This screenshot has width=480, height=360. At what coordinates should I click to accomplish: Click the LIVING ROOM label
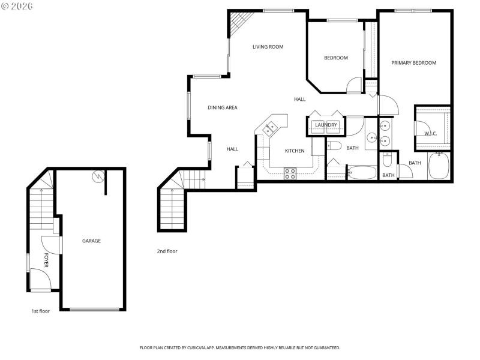tap(268, 47)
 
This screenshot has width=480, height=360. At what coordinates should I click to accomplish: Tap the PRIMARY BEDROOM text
tap(413, 63)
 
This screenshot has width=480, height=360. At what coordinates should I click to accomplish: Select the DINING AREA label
tap(223, 108)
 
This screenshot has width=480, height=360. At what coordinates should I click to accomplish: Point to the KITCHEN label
tap(295, 151)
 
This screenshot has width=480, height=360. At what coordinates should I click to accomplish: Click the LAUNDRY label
tap(326, 125)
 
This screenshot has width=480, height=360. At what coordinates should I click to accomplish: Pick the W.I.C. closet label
tap(430, 133)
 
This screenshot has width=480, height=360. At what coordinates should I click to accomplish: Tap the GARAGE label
tap(91, 241)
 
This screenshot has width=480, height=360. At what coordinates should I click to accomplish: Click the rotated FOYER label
tap(46, 260)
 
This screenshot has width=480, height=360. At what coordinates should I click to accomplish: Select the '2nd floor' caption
tap(167, 251)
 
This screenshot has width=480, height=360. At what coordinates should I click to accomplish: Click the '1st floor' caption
tap(41, 311)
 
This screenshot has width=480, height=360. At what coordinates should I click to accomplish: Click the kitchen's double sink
tap(269, 127)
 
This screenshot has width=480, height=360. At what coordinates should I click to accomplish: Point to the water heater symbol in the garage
tap(98, 176)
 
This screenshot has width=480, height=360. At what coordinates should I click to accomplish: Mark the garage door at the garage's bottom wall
tap(94, 309)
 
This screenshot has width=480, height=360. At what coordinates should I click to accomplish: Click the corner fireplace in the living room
tap(239, 22)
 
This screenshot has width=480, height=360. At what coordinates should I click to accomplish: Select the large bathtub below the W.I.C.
tap(440, 166)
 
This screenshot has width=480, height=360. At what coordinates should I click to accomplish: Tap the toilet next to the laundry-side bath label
tap(334, 146)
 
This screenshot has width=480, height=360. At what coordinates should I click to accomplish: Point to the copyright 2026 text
tap(18, 6)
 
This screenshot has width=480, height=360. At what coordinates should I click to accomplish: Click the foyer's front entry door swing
tap(40, 280)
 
